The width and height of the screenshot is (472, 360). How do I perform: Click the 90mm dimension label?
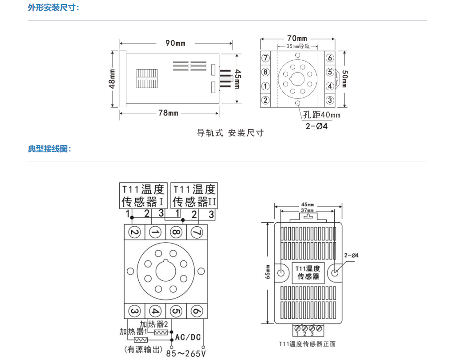[176, 43]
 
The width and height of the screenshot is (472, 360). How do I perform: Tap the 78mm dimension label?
[168, 113]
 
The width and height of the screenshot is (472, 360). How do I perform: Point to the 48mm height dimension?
[112, 78]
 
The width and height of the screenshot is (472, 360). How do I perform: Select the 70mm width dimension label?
[296, 39]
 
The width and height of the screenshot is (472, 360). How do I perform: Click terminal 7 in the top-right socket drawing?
[265, 58]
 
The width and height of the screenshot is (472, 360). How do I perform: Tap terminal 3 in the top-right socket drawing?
[330, 100]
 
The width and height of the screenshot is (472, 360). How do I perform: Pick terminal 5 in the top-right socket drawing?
[330, 72]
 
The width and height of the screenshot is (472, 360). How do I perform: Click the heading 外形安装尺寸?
[53, 8]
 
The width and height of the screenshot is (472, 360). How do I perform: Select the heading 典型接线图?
[49, 149]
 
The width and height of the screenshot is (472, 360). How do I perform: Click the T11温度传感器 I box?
[143, 196]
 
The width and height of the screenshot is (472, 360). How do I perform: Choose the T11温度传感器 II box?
[195, 196]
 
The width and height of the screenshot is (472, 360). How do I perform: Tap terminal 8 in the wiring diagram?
[176, 232]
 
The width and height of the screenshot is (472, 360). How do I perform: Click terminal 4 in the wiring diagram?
[155, 311]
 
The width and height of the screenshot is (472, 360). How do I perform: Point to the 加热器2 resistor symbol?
[161, 332]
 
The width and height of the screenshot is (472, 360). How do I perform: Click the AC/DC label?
[188, 337]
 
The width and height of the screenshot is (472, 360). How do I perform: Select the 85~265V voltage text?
[186, 353]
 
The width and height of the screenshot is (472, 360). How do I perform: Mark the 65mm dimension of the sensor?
[268, 272]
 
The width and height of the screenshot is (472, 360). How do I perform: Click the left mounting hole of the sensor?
[281, 272]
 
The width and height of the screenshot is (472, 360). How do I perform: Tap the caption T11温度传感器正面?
[307, 344]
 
